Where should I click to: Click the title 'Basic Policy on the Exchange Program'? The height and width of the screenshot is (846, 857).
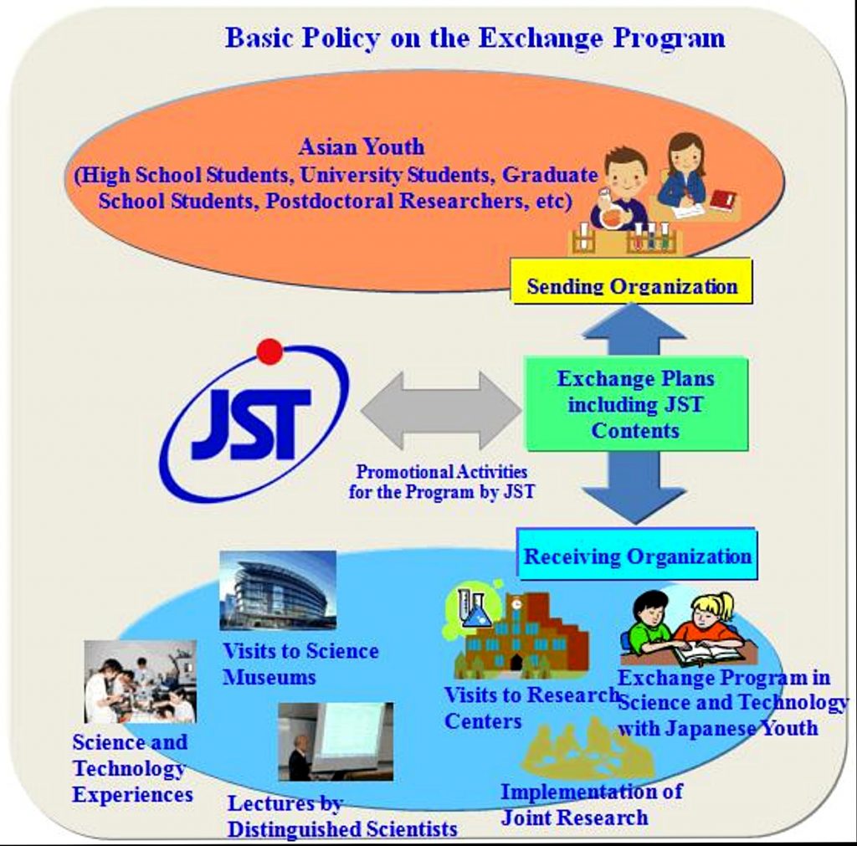click(475, 38)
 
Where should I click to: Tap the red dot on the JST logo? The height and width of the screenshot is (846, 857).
click(269, 351)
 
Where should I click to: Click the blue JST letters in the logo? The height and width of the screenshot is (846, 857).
click(252, 424)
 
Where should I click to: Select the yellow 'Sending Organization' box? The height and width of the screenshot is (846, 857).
click(632, 282)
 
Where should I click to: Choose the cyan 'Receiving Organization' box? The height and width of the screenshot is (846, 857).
click(637, 556)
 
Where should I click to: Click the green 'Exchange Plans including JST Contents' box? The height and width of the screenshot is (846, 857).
click(636, 404)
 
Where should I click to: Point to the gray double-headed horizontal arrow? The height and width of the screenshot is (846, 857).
click(442, 410)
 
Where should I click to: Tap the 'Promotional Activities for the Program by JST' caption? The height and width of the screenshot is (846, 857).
click(442, 481)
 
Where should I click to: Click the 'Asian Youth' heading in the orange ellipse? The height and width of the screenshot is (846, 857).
click(362, 146)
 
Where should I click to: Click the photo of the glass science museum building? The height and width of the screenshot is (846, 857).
click(278, 590)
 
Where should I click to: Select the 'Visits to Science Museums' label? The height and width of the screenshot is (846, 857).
click(300, 664)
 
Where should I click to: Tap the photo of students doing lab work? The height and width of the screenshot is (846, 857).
click(140, 681)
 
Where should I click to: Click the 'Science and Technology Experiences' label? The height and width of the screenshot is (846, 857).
click(132, 768)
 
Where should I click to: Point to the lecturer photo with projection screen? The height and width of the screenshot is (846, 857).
click(335, 741)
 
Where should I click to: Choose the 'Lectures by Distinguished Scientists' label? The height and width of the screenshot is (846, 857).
click(342, 816)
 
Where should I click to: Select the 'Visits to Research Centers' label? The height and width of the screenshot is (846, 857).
click(531, 708)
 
